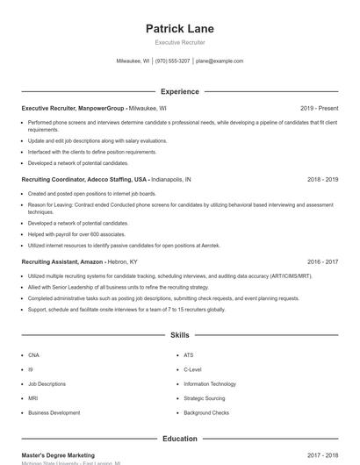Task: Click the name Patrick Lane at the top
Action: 179,29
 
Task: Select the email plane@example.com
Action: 220,61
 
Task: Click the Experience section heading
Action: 179,91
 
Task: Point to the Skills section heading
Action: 179,335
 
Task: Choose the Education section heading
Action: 179,439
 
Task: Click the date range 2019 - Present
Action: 319,109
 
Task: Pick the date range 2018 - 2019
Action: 322,179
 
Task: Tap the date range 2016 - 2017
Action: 322,261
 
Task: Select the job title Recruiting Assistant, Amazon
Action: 61,261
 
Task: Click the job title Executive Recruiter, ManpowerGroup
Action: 74,109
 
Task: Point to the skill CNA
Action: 33,355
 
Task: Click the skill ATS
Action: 188,355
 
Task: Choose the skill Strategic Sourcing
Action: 205,398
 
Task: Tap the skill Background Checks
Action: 206,412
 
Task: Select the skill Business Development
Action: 54,412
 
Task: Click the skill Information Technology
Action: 210,383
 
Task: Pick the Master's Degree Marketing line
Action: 58,455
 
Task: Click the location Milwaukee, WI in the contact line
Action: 133,61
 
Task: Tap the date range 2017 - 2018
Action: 322,455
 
